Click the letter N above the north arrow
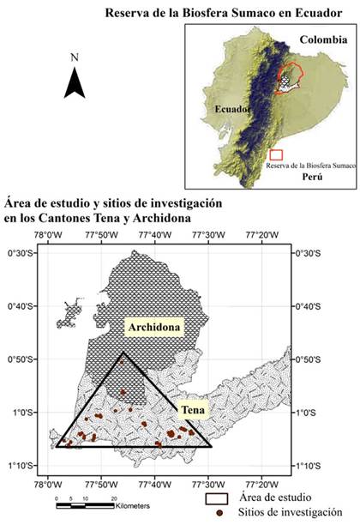(76, 57)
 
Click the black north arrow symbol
(75, 82)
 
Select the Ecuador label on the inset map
(232, 110)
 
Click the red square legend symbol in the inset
(275, 154)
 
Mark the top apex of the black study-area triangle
(123, 353)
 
